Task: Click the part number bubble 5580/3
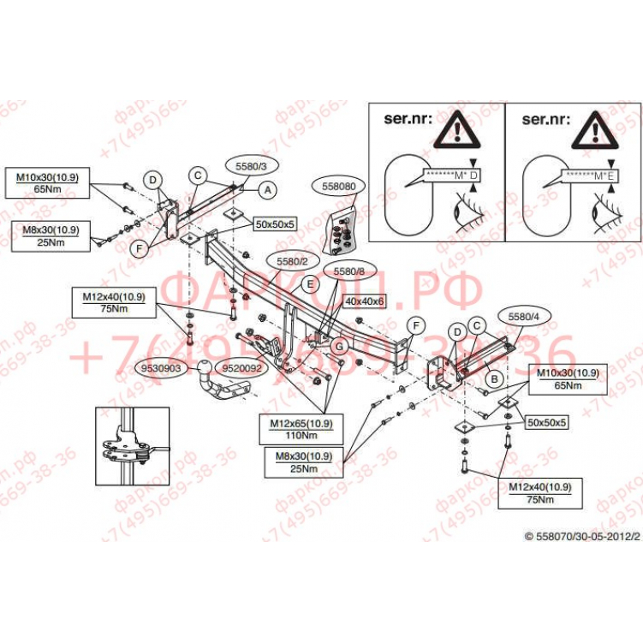(246, 165)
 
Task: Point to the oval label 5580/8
(348, 271)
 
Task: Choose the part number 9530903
(160, 368)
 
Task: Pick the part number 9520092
(241, 368)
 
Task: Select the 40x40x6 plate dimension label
(366, 301)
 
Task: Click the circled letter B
(493, 376)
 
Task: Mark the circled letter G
(339, 345)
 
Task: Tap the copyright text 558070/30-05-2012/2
(582, 536)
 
